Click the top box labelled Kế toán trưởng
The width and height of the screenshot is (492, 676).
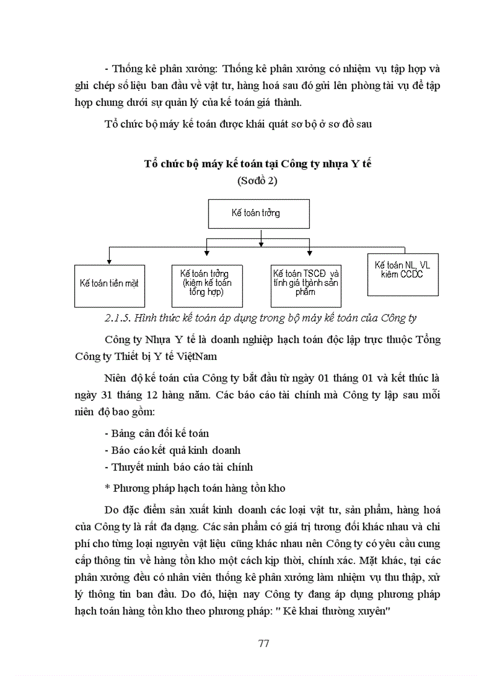coord(259,213)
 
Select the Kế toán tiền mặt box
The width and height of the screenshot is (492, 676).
coord(109,282)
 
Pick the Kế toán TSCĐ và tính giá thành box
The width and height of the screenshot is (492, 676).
coord(306,282)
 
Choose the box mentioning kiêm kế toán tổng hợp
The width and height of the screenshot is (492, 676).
coord(208,282)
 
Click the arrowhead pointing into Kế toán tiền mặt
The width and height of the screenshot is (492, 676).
coord(109,261)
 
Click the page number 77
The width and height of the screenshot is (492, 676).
coord(263,643)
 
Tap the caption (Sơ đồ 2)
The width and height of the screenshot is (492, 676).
coord(259,181)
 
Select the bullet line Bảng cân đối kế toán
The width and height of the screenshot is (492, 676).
coord(157,433)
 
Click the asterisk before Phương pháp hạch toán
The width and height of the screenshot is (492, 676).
coord(107,488)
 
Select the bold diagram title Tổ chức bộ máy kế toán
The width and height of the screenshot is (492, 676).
coord(261,164)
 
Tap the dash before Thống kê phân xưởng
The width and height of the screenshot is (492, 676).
coord(106,69)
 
